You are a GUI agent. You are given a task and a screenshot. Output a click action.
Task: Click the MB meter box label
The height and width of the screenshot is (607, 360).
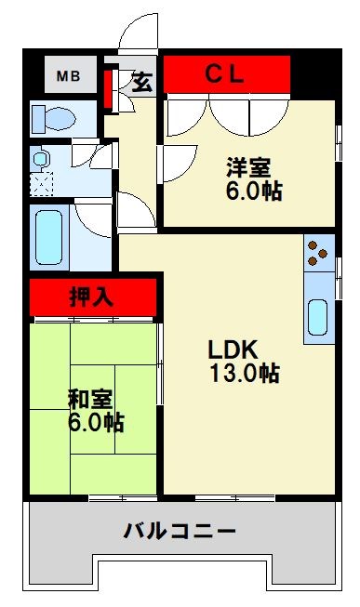69,75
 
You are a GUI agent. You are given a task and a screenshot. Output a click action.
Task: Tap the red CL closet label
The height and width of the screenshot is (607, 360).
225,74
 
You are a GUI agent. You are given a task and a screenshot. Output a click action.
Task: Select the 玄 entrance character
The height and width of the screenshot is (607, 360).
141,82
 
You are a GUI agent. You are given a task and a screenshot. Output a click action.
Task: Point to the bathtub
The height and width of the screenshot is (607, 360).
47,238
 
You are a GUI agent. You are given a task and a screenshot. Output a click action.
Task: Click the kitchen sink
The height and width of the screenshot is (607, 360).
318,318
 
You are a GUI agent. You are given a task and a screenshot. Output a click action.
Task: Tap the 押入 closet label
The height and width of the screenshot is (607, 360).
90,297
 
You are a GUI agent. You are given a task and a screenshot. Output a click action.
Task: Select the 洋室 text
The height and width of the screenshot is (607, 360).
248,168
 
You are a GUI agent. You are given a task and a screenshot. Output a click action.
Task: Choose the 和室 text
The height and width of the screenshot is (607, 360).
90,400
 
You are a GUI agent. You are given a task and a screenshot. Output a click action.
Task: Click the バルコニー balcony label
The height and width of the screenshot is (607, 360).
180,532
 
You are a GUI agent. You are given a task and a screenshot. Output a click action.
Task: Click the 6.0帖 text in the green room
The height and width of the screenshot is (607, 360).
95,423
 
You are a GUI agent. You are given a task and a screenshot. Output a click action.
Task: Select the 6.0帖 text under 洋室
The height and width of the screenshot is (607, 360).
253,191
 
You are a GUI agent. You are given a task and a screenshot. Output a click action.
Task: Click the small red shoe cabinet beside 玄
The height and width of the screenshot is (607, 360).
108,86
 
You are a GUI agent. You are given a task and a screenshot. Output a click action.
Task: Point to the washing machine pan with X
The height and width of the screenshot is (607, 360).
40,182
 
